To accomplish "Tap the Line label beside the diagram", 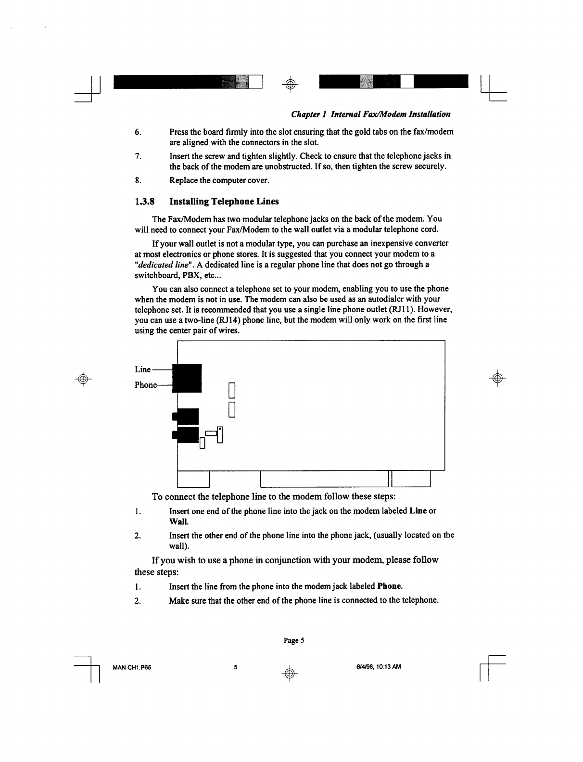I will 143,369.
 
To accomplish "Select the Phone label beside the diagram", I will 146,385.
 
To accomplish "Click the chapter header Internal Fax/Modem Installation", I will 371,114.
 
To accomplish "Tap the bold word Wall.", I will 178,521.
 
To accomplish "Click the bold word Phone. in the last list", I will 390,586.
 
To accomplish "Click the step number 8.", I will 138,181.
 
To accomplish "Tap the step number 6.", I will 138,132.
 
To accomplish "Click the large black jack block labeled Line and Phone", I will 187,379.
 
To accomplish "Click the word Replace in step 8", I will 184,181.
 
